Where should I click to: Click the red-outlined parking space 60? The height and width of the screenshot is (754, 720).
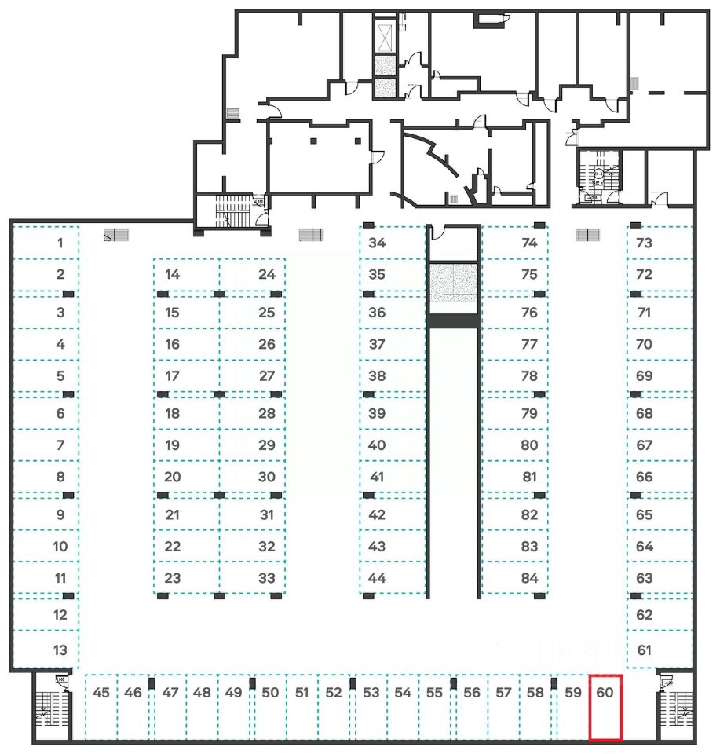[605, 707]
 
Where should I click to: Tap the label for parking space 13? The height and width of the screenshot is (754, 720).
[60, 650]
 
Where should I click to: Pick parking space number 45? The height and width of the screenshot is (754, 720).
[101, 693]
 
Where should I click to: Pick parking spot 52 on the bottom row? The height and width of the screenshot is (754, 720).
[334, 693]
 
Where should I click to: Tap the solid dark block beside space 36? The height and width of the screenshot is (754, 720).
[453, 320]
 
